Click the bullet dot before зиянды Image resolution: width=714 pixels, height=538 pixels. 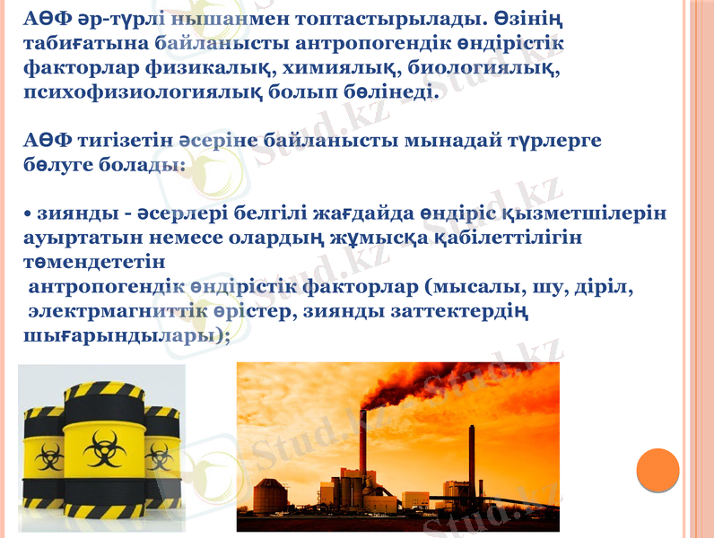coord(27,215)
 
